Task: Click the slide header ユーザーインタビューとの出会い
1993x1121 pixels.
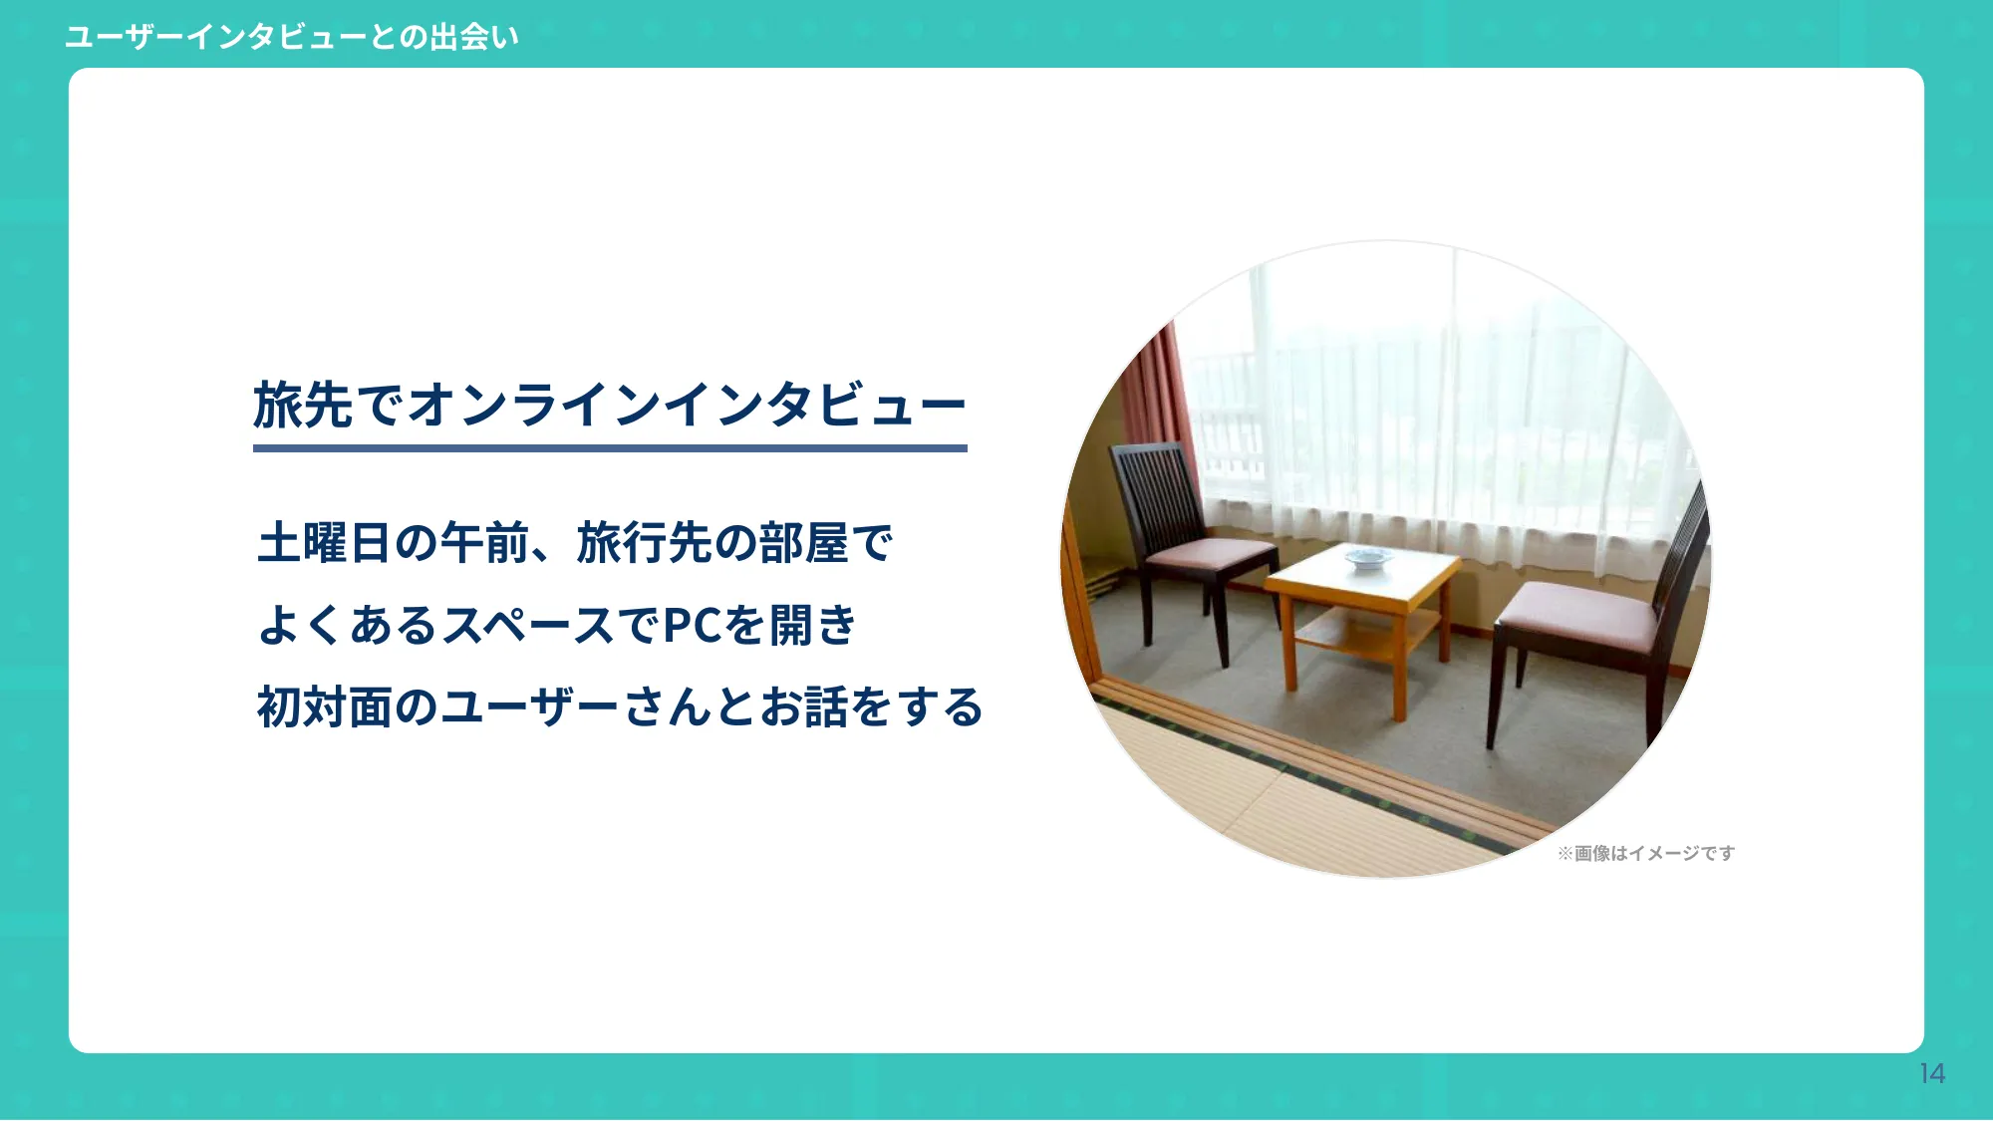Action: (291, 37)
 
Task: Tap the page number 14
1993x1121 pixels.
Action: (1932, 1073)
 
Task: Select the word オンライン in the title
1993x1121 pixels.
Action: (533, 405)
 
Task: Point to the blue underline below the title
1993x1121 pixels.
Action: (610, 448)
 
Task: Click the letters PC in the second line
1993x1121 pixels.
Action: (692, 626)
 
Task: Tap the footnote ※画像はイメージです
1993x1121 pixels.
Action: (1646, 853)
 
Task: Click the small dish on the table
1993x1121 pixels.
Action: (1368, 558)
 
